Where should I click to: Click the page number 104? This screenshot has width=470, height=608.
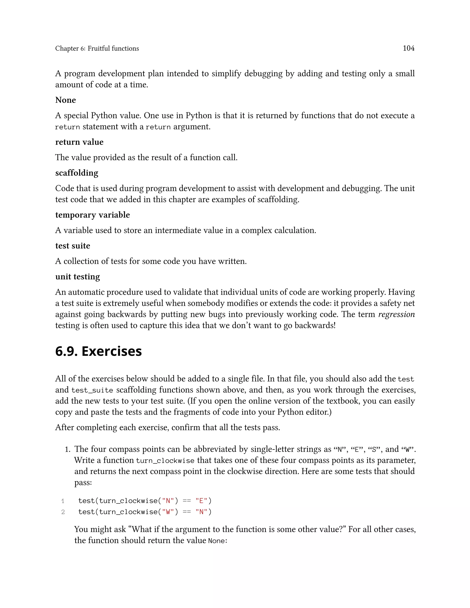coord(408,48)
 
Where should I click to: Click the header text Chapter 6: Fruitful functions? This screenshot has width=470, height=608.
coord(97,48)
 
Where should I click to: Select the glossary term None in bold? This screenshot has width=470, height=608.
coord(65,100)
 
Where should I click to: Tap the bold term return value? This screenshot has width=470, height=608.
coord(79,142)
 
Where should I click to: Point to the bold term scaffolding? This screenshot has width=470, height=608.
coord(77,173)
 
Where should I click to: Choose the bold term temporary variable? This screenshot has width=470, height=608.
coord(92,215)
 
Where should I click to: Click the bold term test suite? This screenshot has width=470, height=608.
coord(73,246)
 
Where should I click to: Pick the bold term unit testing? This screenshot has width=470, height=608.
coord(77,277)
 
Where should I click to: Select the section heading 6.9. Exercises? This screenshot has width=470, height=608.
coord(98,351)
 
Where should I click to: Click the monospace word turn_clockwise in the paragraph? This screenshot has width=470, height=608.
coord(165,461)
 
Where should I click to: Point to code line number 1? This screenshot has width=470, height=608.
coord(63,501)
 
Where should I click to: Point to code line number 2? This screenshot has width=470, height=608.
coord(63,512)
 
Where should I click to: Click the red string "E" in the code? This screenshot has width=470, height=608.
coord(201,501)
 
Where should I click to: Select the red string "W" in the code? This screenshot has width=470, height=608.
coord(168,512)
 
